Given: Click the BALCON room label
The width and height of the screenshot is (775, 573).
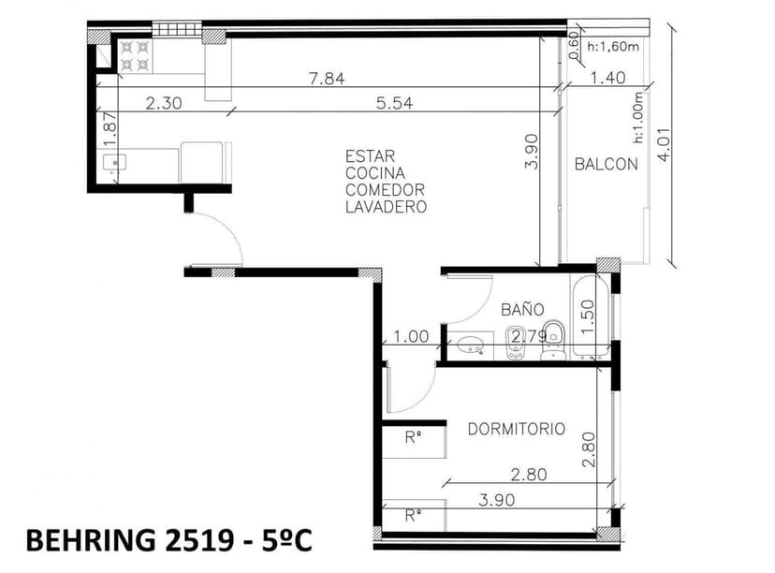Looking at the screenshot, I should click(x=606, y=164).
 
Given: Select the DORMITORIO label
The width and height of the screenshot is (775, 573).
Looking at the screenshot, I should click(x=516, y=429).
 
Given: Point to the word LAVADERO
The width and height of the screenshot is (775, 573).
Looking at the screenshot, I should click(x=386, y=207).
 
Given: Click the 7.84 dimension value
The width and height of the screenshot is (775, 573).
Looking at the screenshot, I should click(x=327, y=80).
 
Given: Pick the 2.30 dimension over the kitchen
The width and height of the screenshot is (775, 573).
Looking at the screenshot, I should click(x=164, y=104).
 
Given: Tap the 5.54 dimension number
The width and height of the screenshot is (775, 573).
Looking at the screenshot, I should click(x=395, y=104).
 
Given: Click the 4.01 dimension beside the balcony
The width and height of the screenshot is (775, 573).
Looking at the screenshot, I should click(x=665, y=145).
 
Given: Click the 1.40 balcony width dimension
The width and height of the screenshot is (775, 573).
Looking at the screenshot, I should click(x=608, y=79).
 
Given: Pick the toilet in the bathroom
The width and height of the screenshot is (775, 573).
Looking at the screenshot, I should click(x=553, y=338).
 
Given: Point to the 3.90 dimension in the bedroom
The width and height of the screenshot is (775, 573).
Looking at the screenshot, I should click(x=496, y=500).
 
